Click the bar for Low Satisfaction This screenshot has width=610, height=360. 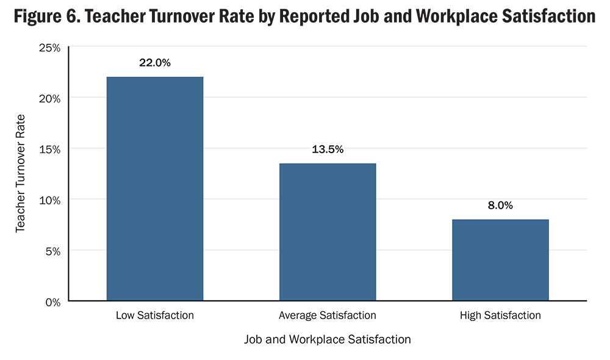coord(154,189)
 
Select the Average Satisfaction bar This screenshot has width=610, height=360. coord(328,232)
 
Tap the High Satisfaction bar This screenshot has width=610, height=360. coord(500,260)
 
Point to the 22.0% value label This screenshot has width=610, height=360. coord(154,63)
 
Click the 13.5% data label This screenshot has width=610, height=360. coord(328,149)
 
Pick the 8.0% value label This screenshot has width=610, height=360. coord(500,206)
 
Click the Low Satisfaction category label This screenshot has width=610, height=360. coord(154,315)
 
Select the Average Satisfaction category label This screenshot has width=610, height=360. coord(328,315)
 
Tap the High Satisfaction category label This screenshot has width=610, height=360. coord(500,315)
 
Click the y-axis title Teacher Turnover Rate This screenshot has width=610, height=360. coord(20,173)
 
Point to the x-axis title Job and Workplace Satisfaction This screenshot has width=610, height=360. coord(328,339)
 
